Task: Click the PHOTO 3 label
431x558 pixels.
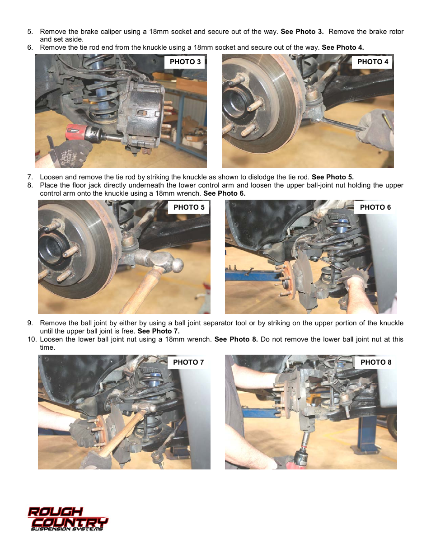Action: (x=185, y=62)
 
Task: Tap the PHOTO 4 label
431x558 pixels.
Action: (x=372, y=62)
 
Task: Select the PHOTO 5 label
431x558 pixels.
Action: (x=189, y=207)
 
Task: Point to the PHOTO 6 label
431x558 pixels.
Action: (x=375, y=207)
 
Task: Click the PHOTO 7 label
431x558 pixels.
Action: (x=188, y=362)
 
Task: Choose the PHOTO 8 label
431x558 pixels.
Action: (x=375, y=362)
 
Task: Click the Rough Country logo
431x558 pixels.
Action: (x=68, y=519)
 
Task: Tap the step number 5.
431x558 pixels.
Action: (x=30, y=32)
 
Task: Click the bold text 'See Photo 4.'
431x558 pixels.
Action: (x=342, y=47)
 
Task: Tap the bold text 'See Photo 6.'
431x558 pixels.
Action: (x=224, y=193)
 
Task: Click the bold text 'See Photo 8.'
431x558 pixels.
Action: (x=236, y=339)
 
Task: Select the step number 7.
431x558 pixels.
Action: (x=30, y=177)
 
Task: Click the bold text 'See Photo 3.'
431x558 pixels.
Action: (x=302, y=32)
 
